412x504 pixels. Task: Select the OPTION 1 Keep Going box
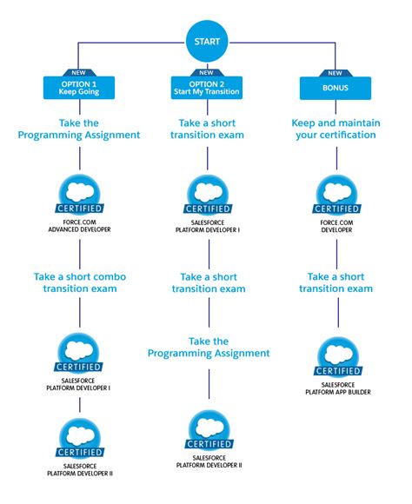click(x=80, y=88)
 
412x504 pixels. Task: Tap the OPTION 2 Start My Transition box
click(x=206, y=88)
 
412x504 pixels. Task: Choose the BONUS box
click(x=332, y=88)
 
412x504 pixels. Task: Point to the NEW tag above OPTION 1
click(x=80, y=74)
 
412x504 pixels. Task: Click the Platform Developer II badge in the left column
click(x=80, y=441)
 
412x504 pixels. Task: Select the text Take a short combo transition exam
click(x=80, y=282)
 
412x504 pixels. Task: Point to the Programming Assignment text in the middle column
click(x=208, y=347)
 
